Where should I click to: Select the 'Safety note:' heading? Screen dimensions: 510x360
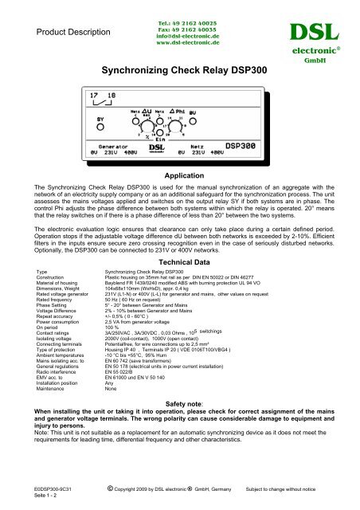pos(180,426)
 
